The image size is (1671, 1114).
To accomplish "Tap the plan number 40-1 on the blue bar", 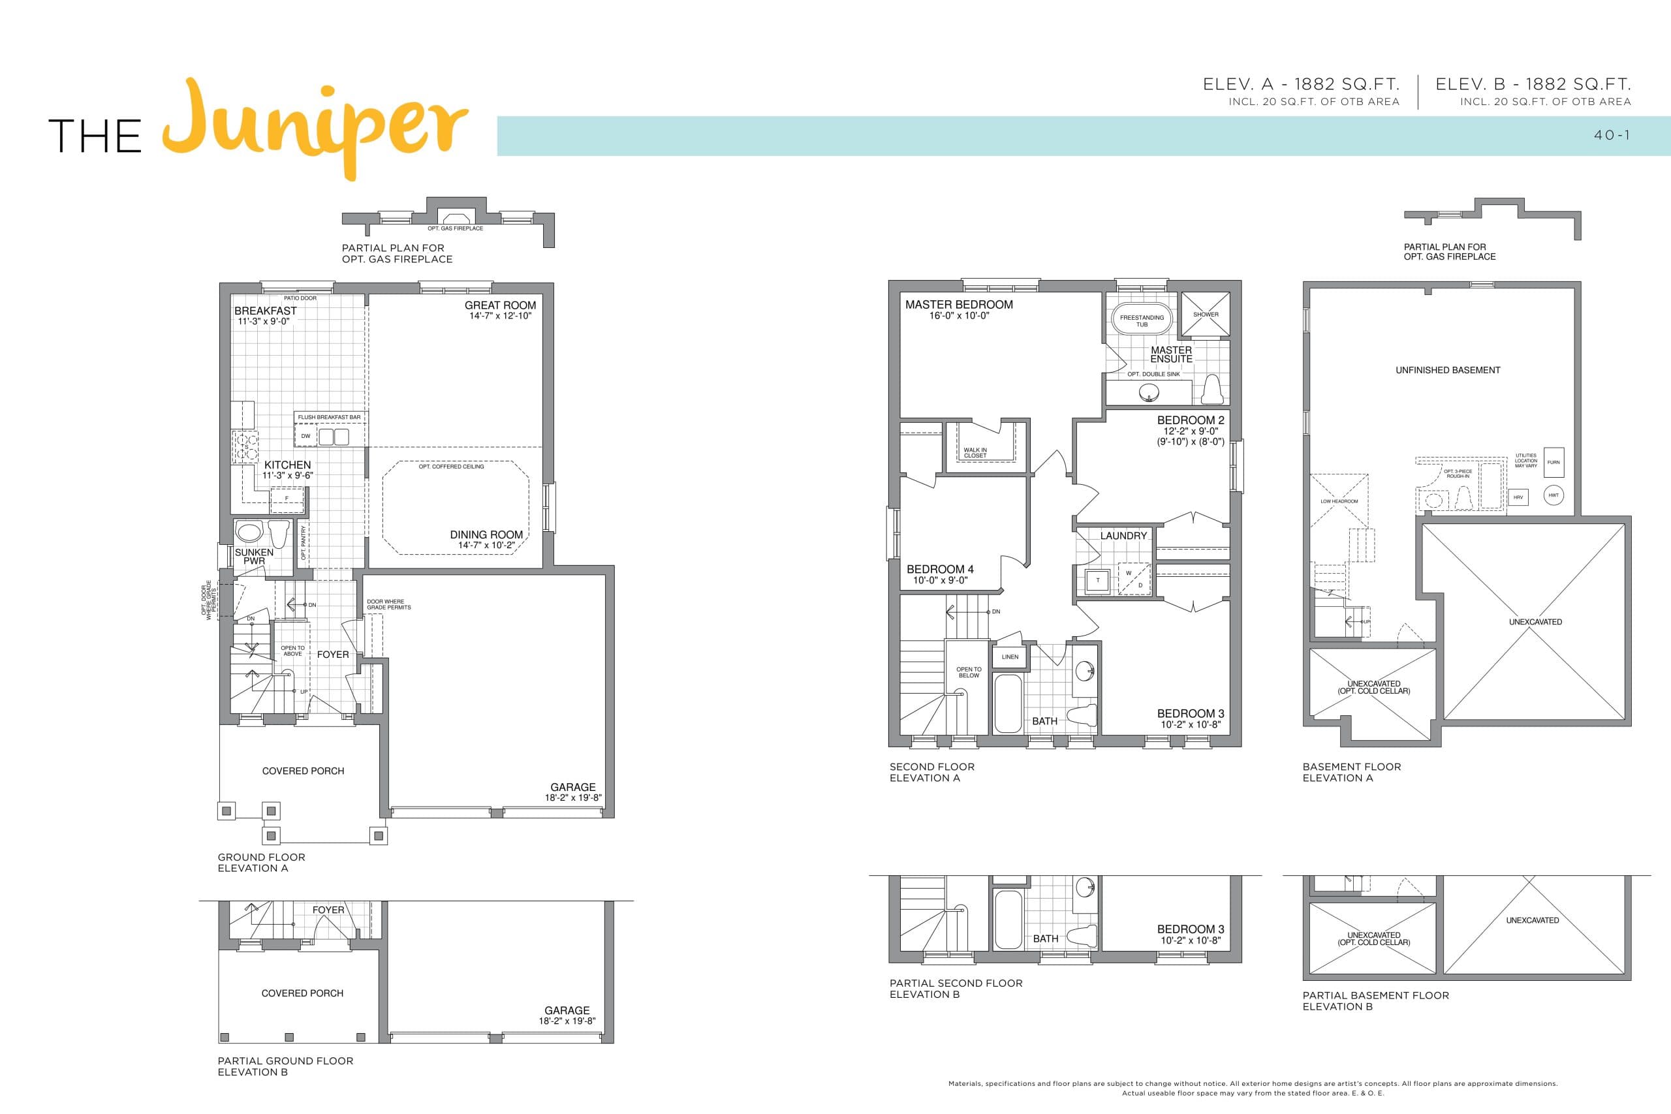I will point(1612,135).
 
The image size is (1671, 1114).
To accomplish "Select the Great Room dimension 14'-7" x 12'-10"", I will point(500,316).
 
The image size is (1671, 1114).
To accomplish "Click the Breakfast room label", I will point(265,311).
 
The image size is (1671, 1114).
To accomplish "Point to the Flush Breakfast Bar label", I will point(329,418).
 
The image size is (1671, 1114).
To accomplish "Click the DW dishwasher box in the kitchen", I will point(305,436).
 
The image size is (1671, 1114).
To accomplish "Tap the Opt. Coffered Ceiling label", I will point(451,467).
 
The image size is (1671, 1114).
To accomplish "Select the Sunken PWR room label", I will point(254,556).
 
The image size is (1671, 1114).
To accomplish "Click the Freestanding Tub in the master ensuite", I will point(1142,320).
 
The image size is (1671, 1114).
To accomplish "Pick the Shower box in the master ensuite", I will point(1206,315).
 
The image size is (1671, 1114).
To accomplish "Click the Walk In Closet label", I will point(975,452).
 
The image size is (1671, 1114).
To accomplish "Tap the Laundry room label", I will point(1123,536).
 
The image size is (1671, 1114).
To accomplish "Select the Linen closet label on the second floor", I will point(1010,657).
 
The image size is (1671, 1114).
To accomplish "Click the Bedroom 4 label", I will point(939,570).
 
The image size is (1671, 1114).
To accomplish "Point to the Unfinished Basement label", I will point(1447,370).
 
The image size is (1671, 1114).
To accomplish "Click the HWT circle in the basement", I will point(1553,495).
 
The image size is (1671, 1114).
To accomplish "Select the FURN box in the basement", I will point(1553,463).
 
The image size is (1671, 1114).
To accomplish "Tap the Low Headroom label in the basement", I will point(1339,502).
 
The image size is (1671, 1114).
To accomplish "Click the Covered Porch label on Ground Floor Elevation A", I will point(303,771).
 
